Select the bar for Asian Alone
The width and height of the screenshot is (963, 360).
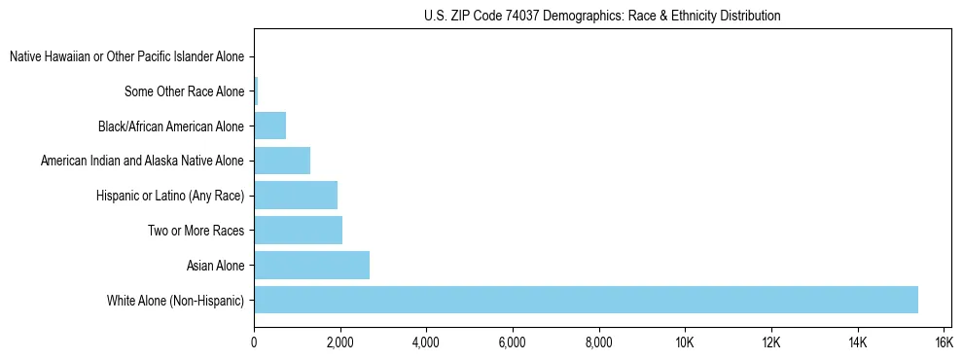(311, 265)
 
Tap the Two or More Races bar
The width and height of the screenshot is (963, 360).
(298, 230)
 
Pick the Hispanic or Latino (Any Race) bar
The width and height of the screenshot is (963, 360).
(296, 195)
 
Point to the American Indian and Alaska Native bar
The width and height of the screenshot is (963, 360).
(282, 161)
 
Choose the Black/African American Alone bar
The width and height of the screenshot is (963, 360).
(269, 126)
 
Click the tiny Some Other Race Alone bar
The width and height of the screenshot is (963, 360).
(256, 91)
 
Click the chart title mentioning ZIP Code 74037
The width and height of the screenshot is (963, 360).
(602, 16)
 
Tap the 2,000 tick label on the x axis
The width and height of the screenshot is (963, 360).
(339, 342)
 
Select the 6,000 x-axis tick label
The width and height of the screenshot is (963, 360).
(512, 342)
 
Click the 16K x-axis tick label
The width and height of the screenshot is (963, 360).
(943, 342)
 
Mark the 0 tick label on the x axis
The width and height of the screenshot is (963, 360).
(254, 342)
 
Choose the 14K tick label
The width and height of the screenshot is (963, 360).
(857, 342)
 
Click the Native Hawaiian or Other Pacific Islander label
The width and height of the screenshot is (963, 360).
(126, 57)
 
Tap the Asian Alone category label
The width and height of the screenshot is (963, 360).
(215, 266)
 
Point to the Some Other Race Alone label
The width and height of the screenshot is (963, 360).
(185, 92)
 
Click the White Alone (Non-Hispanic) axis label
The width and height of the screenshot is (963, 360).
(176, 301)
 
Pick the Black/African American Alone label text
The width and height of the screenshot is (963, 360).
(171, 126)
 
